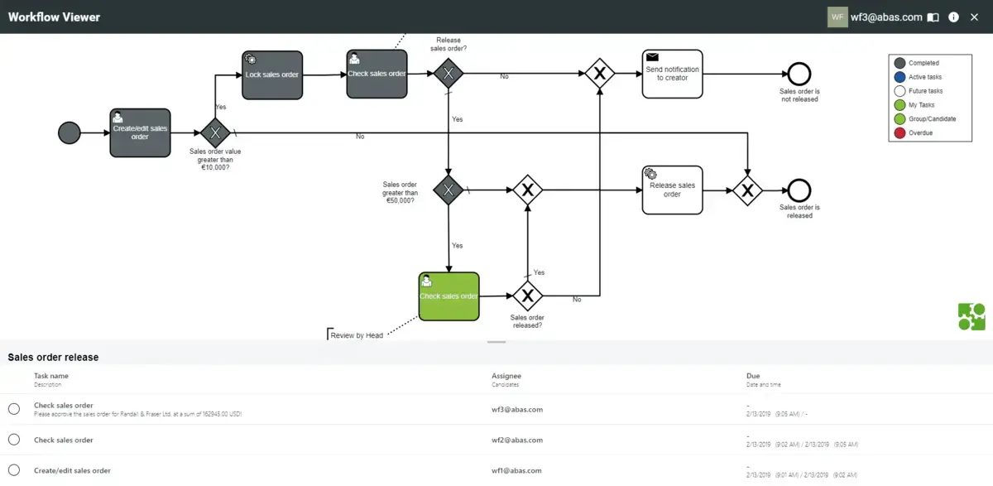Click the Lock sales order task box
pyautogui.click(x=272, y=75)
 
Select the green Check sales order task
pyautogui.click(x=449, y=296)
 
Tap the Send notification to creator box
pyautogui.click(x=672, y=74)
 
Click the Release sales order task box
pyautogui.click(x=672, y=190)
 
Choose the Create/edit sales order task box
pyautogui.click(x=140, y=132)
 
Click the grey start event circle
pyautogui.click(x=70, y=132)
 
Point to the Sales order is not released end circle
pyautogui.click(x=799, y=74)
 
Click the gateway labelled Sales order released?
pyautogui.click(x=527, y=296)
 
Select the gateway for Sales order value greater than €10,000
pyautogui.click(x=215, y=132)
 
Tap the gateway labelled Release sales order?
pyautogui.click(x=448, y=74)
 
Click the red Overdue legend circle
pyautogui.click(x=899, y=132)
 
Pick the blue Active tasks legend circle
pyautogui.click(x=899, y=77)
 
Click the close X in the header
pyautogui.click(x=974, y=17)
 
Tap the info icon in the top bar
pyautogui.click(x=953, y=17)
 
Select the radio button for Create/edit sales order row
pyautogui.click(x=14, y=470)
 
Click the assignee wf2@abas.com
pyautogui.click(x=517, y=440)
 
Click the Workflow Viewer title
pyautogui.click(x=54, y=17)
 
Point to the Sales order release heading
pyautogui.click(x=53, y=358)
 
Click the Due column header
pyautogui.click(x=753, y=376)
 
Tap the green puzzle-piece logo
pyautogui.click(x=971, y=317)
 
